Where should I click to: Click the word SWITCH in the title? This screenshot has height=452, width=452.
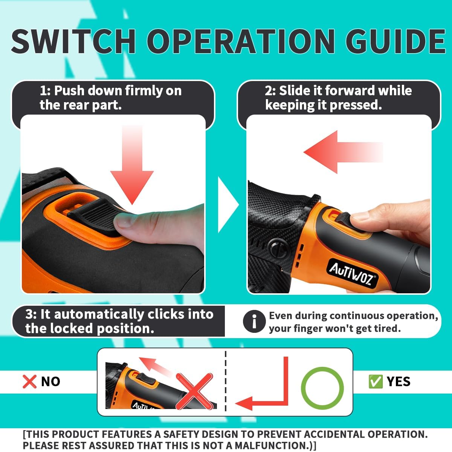(73, 41)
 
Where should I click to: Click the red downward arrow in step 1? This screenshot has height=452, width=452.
(132, 164)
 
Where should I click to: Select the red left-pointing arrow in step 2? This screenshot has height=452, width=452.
(343, 152)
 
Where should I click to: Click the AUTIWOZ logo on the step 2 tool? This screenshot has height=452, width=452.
(353, 274)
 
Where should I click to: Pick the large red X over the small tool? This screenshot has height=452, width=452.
(194, 391)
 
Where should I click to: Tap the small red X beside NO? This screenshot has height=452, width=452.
(29, 382)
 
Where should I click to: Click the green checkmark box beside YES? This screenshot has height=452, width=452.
(375, 382)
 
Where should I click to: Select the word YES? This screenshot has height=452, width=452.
(399, 382)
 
